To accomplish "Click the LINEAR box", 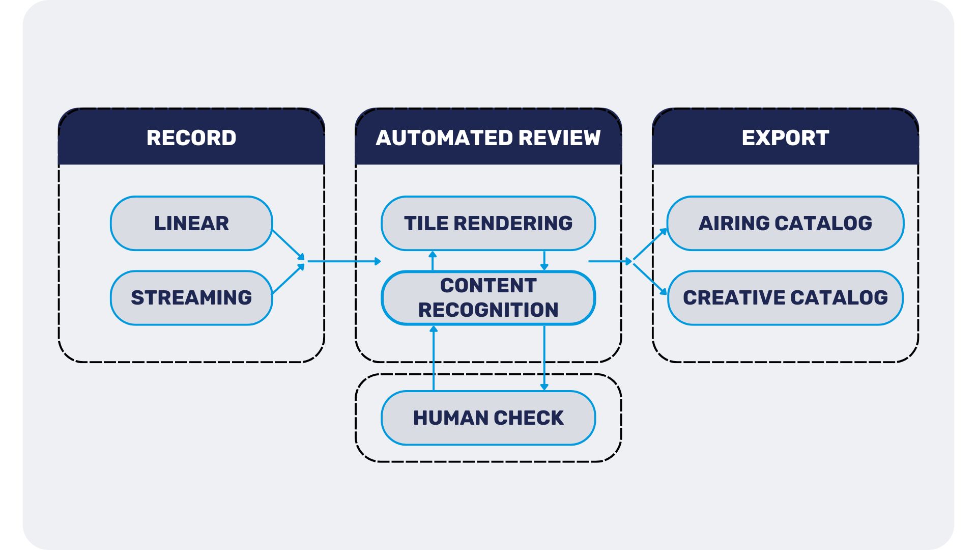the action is point(191,223).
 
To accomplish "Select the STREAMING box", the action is point(191,297).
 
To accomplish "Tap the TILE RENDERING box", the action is point(488,223).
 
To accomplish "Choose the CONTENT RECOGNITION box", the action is point(488,298).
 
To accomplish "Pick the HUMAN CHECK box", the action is point(488,418).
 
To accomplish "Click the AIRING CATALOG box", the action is point(785,223).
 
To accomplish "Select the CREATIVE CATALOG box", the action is point(785,297).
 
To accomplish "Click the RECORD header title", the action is point(191,137).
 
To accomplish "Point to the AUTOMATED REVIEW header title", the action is point(488,137).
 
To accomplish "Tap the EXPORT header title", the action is point(785,137).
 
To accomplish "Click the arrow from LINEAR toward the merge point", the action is point(288,244).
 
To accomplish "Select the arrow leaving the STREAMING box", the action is point(288,279).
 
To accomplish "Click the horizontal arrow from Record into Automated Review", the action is point(344,261).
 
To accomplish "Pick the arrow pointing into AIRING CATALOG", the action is point(650,244).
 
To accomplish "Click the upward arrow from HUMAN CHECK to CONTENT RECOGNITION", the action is point(434,358).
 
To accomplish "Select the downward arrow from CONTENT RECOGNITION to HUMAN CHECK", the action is point(544,358).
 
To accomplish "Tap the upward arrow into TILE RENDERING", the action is point(433,260).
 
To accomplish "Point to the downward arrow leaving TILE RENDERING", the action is point(544,260).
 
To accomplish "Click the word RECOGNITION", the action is point(488,310).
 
